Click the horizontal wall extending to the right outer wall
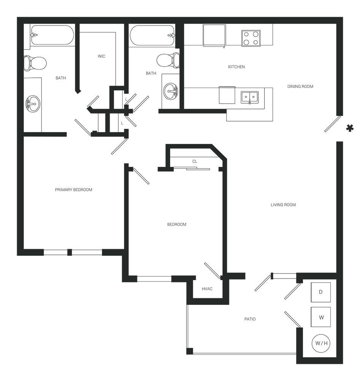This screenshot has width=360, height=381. click(282, 273)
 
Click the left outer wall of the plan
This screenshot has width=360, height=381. click(18, 190)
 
